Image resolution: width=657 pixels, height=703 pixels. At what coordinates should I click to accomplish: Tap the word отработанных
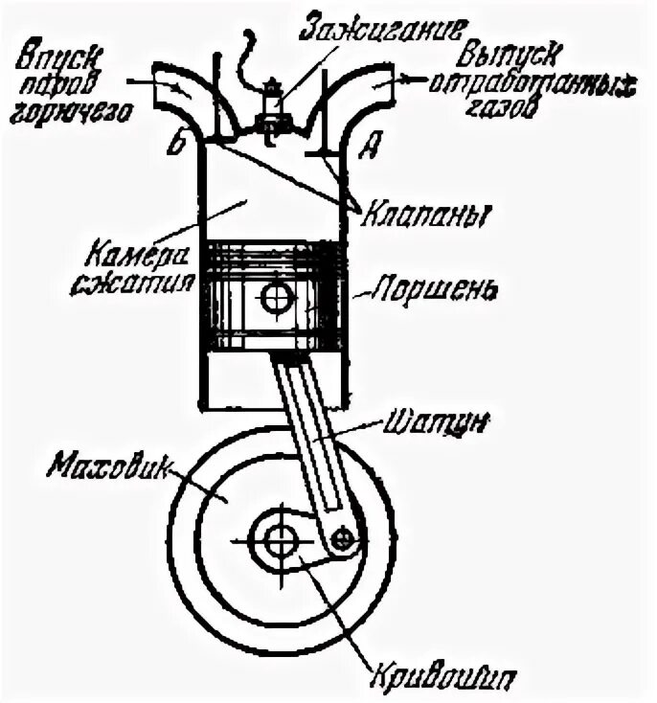click(532, 83)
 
